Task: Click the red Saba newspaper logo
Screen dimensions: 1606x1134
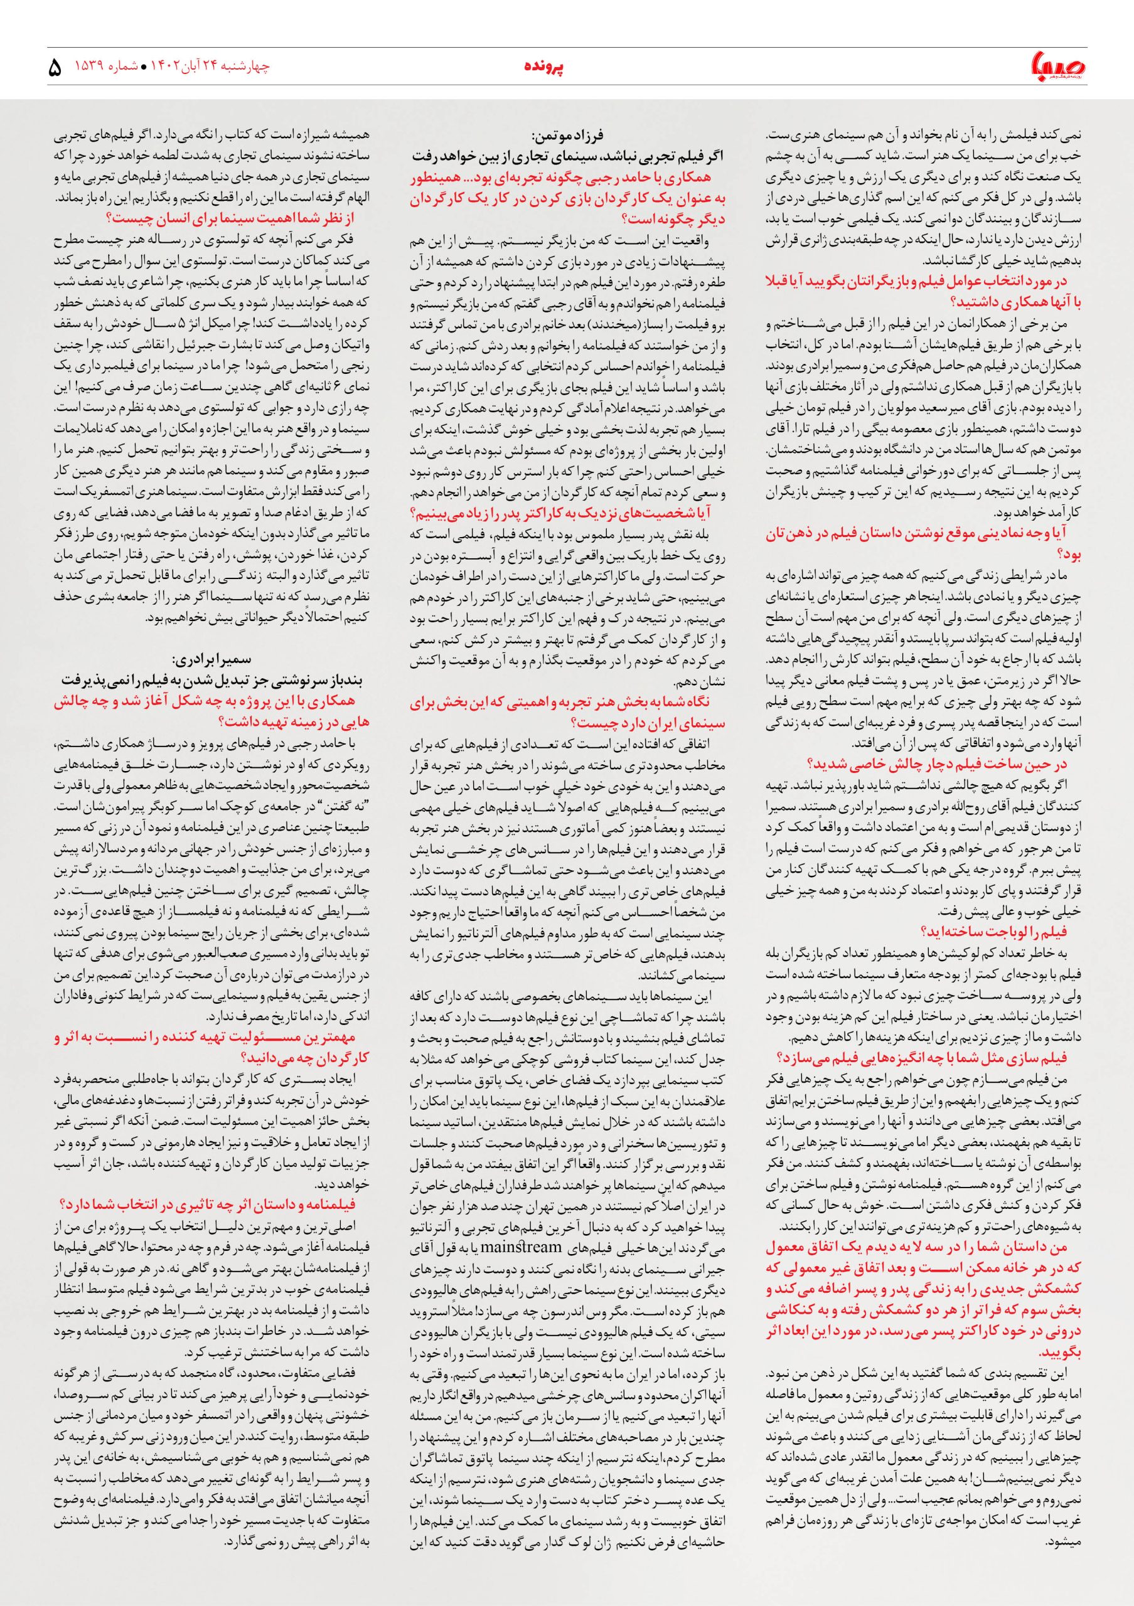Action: (x=1056, y=67)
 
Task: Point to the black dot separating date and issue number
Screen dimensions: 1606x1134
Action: (x=144, y=68)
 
